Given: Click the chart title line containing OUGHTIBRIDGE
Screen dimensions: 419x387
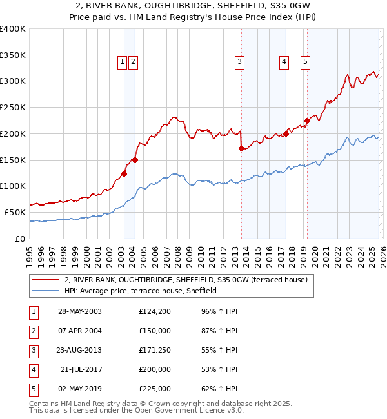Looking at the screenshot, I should [193, 7].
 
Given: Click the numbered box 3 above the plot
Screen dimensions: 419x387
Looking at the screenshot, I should [239, 62].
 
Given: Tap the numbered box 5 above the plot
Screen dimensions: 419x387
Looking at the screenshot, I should [304, 62].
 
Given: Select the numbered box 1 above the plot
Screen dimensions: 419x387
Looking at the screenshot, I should [121, 62].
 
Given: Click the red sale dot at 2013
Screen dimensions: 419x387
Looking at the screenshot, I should [242, 148].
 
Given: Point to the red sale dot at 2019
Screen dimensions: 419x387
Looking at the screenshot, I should [308, 120].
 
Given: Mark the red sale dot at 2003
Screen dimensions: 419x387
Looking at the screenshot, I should [124, 173].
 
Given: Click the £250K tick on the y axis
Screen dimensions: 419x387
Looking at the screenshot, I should [13, 107].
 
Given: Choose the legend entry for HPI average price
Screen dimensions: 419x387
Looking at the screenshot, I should [140, 291].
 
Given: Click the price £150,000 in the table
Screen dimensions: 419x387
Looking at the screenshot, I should [154, 331].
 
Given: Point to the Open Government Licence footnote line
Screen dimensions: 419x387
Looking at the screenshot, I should [136, 410].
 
